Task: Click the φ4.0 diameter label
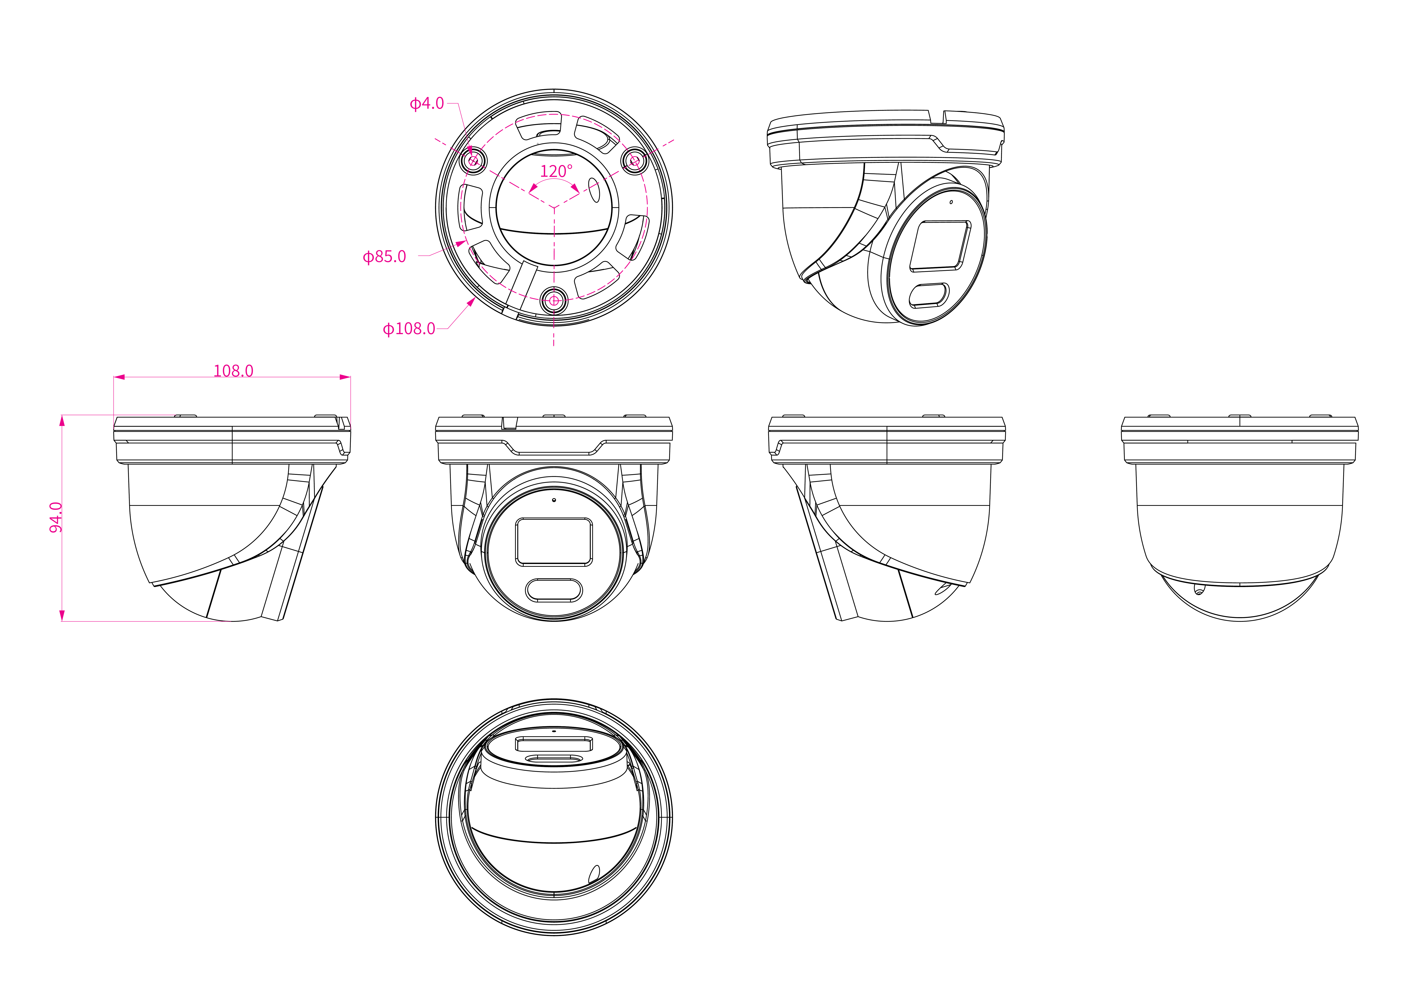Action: [427, 103]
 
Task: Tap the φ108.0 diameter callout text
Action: [409, 328]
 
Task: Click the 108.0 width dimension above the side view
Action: [233, 370]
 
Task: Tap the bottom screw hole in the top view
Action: [554, 301]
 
